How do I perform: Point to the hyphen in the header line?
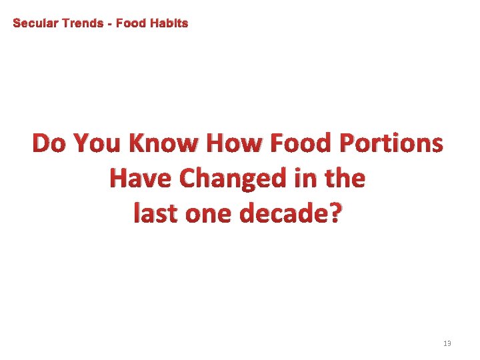[110, 24]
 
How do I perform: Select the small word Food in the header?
[130, 23]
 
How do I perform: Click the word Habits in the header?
[169, 23]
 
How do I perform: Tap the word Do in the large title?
[50, 143]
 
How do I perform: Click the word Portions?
[391, 143]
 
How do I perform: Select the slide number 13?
[447, 343]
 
